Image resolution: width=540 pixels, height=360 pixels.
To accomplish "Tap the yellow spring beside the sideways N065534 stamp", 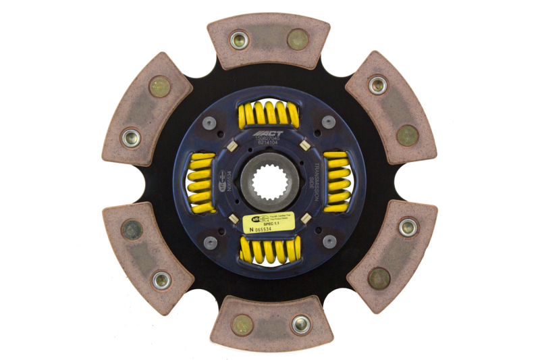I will coord(201,180).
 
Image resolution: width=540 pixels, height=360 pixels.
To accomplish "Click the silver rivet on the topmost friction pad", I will coord(239,40).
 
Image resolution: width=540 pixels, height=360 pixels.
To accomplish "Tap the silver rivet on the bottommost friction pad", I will coord(301,324).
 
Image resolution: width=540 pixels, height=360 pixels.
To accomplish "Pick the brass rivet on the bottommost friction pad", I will coord(242,325).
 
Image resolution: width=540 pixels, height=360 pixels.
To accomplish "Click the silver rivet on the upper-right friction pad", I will coord(377,85).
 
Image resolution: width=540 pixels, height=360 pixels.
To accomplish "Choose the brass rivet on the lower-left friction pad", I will coord(132,230).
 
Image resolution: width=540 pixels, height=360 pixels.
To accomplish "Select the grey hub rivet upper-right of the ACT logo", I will coord(329,122).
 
